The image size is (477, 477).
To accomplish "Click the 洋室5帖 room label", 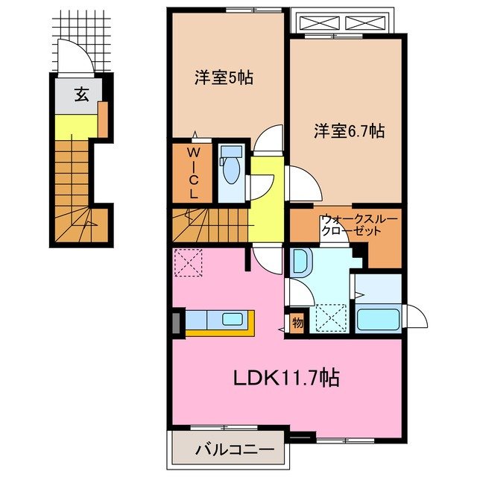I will point(224,78).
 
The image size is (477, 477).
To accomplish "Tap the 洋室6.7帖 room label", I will point(349,131).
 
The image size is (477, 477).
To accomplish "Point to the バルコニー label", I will point(230,449).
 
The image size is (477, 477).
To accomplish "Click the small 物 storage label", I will point(297,323).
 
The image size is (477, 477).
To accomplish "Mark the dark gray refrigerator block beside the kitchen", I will point(177,322).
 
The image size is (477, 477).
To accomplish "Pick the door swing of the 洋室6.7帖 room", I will point(302,181).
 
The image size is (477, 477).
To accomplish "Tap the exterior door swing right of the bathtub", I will point(416,316).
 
